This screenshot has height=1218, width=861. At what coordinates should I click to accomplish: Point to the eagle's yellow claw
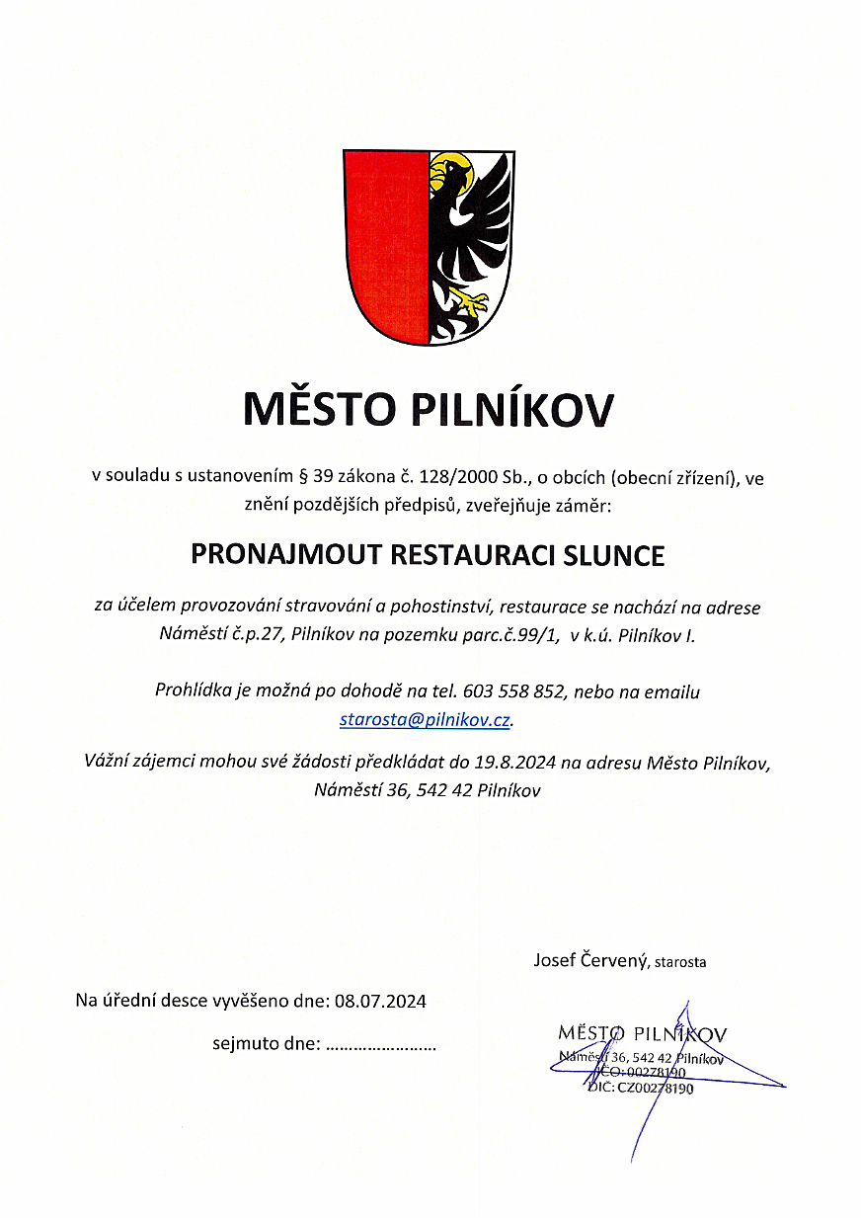tap(471, 300)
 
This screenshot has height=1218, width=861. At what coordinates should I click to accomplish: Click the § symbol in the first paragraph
tap(303, 478)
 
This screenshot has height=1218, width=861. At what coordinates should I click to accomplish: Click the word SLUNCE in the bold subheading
tap(613, 554)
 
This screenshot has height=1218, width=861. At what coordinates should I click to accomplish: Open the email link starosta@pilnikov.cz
tap(425, 719)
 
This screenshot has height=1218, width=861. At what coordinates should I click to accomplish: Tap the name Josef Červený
tap(588, 959)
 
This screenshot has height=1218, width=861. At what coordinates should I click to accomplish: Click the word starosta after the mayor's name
tap(679, 961)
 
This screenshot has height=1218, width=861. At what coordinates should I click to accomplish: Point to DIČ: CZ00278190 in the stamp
tap(641, 1088)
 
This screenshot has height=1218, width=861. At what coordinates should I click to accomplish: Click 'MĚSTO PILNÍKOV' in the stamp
tap(642, 1034)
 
